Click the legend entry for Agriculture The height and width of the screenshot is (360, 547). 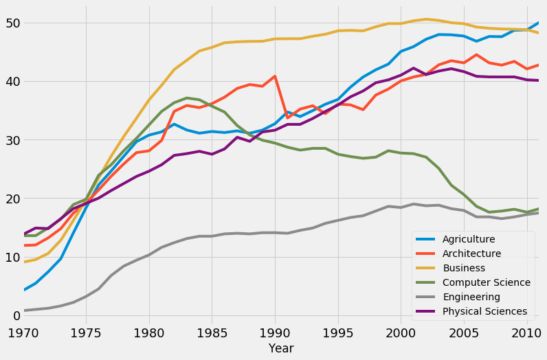coord(469,239)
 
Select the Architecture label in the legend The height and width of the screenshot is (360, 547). coord(472,254)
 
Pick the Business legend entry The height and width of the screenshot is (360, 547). coord(463,268)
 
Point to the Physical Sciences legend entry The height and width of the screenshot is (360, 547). coord(484,311)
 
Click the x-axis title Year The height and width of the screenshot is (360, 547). coord(281,348)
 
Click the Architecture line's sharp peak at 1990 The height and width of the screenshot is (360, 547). coord(275,76)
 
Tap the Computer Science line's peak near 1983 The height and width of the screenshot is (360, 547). coord(187,98)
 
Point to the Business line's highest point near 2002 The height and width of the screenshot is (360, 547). coord(426,19)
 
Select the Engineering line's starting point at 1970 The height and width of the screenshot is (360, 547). coord(24,311)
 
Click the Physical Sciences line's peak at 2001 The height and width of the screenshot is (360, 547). coord(413,68)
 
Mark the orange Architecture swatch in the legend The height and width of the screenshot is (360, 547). coord(426,254)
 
